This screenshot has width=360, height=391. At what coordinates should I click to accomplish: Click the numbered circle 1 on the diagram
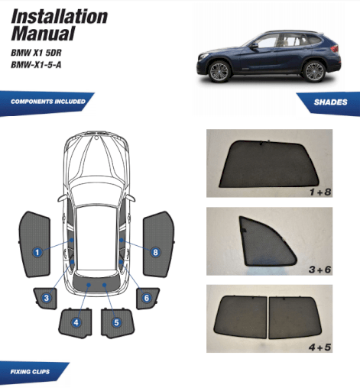point(37,252)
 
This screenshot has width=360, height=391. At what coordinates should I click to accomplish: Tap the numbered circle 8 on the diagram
point(155,252)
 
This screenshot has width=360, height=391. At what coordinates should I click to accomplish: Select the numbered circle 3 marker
point(47,298)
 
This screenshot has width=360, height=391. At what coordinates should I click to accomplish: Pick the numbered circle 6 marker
point(147,298)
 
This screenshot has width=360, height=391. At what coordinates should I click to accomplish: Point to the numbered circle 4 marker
point(76,322)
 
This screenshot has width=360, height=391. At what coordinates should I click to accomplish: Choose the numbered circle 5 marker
point(116,322)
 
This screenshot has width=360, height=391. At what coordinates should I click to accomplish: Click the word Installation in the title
point(60,17)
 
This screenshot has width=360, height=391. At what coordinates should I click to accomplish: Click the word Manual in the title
point(43,33)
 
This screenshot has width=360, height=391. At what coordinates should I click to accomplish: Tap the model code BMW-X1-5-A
point(36,65)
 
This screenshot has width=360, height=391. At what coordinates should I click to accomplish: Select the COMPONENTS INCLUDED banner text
point(48,102)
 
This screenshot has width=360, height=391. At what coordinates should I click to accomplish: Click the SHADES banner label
point(330,102)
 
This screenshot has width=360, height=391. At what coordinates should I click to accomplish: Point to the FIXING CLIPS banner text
point(30,372)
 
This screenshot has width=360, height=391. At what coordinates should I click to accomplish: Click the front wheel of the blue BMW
point(219,72)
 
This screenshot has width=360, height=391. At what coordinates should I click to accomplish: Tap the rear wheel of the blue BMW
point(314,71)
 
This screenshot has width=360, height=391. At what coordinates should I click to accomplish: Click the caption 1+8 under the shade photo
point(320,192)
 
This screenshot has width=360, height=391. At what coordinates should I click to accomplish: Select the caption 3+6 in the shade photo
point(319,270)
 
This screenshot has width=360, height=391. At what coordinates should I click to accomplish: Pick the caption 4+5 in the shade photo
point(319,347)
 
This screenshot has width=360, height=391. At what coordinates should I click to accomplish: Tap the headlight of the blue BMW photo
point(203,57)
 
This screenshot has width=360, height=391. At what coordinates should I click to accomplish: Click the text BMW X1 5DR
point(36,53)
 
